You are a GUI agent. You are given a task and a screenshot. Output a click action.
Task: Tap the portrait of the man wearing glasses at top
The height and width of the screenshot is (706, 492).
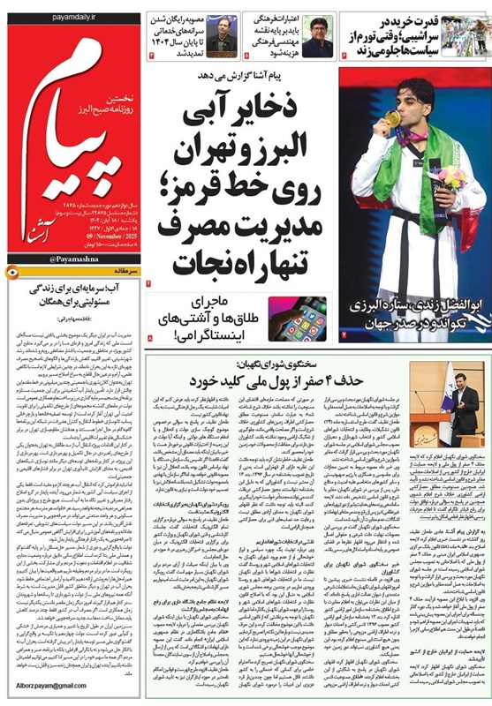tap(317, 35)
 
